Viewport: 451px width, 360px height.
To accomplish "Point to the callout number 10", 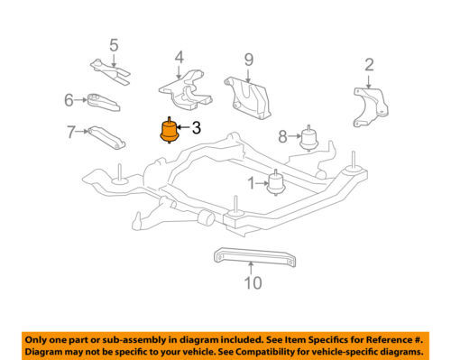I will click(x=253, y=282).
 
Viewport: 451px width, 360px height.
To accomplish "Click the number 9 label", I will click(x=248, y=60).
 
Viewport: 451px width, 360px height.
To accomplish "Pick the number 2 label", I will click(x=368, y=64).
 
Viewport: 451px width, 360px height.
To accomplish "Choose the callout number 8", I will click(x=283, y=137).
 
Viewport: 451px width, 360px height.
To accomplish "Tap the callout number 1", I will click(x=251, y=184).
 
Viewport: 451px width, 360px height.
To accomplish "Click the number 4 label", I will click(x=179, y=57).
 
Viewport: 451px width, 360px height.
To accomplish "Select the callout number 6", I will click(x=69, y=100).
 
